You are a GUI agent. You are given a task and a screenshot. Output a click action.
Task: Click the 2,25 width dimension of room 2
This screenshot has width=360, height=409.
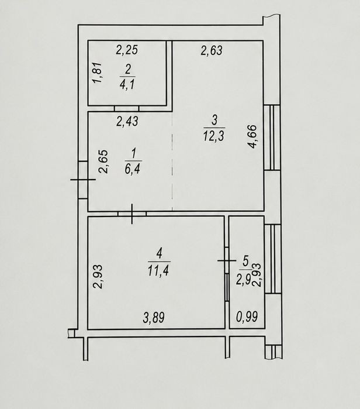pyautogui.click(x=127, y=50)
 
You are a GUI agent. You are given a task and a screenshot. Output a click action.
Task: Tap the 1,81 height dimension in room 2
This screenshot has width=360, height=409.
pyautogui.click(x=98, y=73)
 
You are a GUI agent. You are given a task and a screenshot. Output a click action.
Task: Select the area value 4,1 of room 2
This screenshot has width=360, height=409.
pyautogui.click(x=127, y=84)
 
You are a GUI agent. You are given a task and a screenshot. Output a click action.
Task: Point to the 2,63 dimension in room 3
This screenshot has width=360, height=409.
pyautogui.click(x=212, y=50)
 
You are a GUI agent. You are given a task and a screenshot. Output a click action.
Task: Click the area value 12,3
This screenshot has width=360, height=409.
pyautogui.click(x=213, y=136)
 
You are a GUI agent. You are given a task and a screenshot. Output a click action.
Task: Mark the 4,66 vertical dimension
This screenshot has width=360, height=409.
pyautogui.click(x=252, y=137)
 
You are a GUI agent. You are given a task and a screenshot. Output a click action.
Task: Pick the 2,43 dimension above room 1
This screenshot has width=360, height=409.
pyautogui.click(x=127, y=121)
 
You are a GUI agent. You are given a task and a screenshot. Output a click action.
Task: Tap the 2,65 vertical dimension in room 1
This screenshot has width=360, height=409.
pyautogui.click(x=103, y=161)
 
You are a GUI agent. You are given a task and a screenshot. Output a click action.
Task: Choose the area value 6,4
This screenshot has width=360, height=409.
pyautogui.click(x=133, y=169)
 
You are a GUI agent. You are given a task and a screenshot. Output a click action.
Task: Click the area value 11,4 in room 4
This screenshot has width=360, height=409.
pyautogui.click(x=158, y=270)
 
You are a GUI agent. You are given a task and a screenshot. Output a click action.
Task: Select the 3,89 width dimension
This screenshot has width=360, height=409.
pyautogui.click(x=154, y=318)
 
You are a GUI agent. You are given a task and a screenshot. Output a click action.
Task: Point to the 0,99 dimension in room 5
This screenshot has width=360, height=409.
pyautogui.click(x=247, y=317)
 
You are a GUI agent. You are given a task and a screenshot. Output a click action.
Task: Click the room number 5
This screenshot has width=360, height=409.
pyautogui.click(x=245, y=261)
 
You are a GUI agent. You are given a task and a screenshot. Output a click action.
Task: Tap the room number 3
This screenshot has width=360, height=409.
pyautogui.click(x=214, y=121)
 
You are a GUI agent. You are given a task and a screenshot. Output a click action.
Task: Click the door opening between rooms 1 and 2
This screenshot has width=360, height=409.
pyautogui.click(x=127, y=108)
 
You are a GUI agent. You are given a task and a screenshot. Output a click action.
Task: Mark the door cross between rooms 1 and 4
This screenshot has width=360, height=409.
pyautogui.click(x=132, y=214)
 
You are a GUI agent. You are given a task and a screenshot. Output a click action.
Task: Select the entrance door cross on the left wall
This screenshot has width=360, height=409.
pyautogui.click(x=83, y=180)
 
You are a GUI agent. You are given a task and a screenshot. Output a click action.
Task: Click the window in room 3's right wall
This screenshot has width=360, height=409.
pyautogui.click(x=272, y=138)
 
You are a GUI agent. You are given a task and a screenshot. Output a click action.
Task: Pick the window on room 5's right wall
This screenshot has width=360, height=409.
pyautogui.click(x=273, y=259)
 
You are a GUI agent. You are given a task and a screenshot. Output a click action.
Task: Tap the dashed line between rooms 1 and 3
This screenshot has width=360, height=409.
pyautogui.click(x=172, y=161)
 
